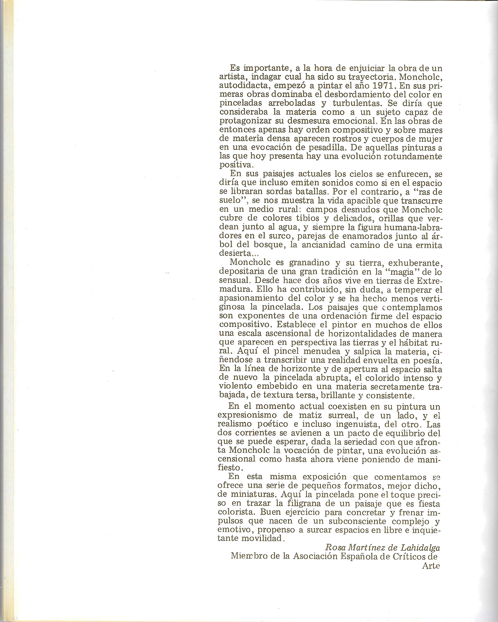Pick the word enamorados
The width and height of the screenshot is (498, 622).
click(x=367, y=236)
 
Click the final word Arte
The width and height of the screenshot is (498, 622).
click(x=431, y=566)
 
